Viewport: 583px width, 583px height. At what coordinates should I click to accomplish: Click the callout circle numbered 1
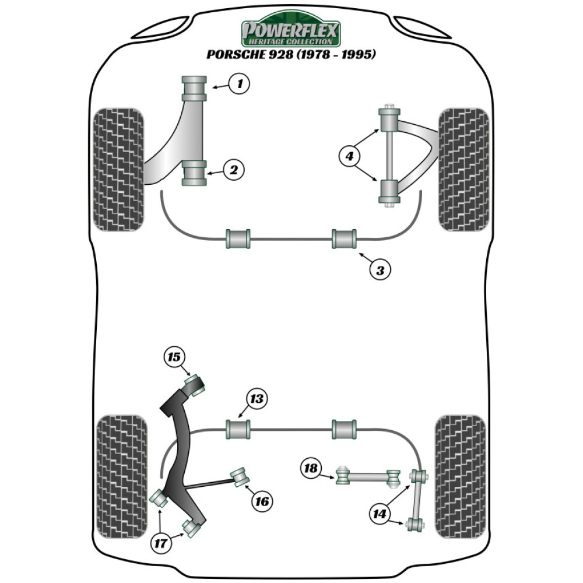coord(238,84)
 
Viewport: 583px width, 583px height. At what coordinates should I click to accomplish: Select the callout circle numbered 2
coord(233,170)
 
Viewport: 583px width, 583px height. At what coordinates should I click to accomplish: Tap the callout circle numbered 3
coord(380,270)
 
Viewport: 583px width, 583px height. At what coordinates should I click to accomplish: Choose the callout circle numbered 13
coord(257,399)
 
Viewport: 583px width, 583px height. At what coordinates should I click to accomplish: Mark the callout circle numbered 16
coord(262,500)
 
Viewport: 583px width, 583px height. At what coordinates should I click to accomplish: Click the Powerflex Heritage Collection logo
coord(291,29)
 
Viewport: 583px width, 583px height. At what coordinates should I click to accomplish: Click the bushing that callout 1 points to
coord(195,88)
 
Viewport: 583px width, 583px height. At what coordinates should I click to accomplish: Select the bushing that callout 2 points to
coord(195,173)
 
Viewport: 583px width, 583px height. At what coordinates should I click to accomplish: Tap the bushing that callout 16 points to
coord(240,476)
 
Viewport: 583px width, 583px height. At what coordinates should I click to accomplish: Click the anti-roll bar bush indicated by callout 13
coord(237,430)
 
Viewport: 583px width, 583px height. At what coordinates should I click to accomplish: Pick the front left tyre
coord(118,169)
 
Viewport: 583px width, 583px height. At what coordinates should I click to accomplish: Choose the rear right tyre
coord(461,476)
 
